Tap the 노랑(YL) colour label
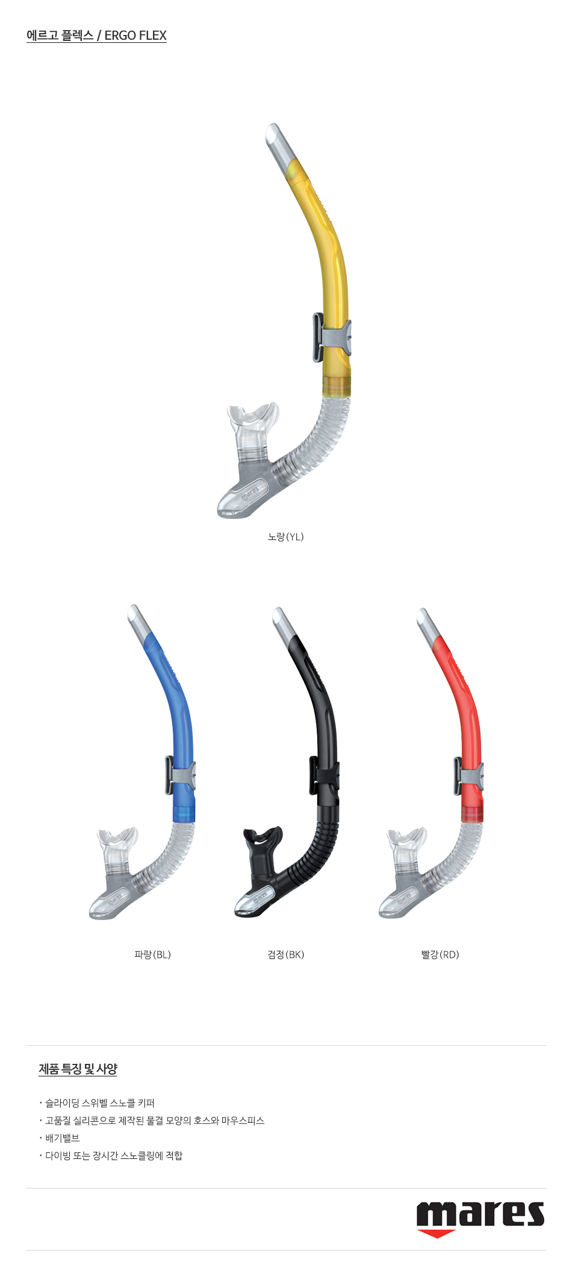click(286, 536)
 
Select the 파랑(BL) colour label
click(153, 954)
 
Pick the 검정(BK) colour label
click(286, 954)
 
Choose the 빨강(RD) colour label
click(440, 954)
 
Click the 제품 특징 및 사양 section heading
click(78, 1069)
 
